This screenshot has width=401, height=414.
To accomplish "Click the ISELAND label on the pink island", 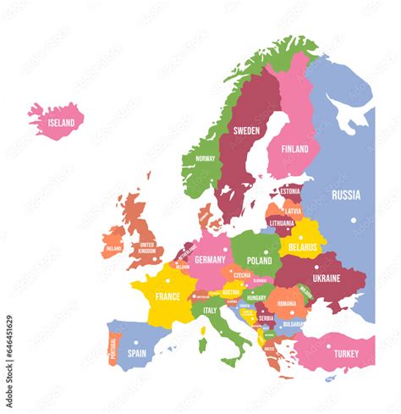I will (60, 123).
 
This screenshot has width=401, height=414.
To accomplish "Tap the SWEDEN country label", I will (246, 130).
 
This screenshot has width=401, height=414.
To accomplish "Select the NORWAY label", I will (205, 158).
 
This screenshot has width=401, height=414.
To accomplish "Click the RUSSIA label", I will (345, 195).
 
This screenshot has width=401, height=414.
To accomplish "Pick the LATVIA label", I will (293, 211).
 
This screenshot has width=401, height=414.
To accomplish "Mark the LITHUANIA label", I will (283, 224).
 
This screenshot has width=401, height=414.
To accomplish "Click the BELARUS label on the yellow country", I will (302, 247).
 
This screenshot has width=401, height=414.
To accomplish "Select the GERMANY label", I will (210, 260).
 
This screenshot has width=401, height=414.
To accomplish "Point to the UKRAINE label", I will (327, 278).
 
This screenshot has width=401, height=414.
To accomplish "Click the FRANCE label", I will (168, 296).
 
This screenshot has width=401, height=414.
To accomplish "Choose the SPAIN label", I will (137, 353).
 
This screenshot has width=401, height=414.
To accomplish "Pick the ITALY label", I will (210, 310).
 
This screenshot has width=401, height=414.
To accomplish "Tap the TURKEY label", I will (345, 353).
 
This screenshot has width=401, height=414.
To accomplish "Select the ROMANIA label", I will (287, 303).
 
